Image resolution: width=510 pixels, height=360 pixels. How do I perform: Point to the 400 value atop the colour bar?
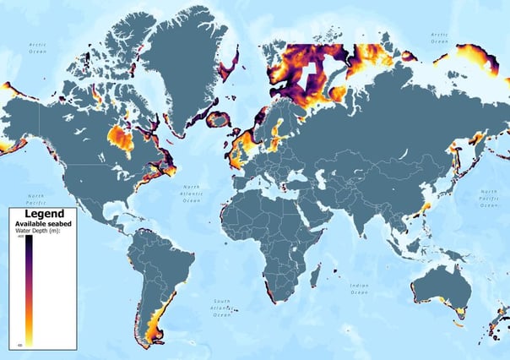(x=19, y=237)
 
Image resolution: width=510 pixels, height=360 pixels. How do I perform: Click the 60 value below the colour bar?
(x=19, y=345)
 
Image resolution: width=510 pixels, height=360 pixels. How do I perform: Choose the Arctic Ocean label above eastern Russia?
(x=438, y=37)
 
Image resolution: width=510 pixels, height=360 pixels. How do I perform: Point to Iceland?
(x=219, y=119)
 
